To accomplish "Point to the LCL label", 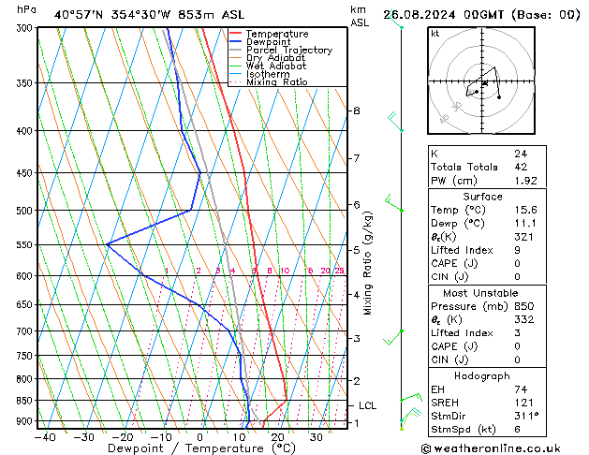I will (367, 405).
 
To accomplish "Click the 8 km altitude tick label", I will (356, 110).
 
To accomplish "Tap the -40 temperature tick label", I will (44, 436).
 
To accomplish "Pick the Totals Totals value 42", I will (521, 167).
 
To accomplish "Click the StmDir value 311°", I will (527, 416).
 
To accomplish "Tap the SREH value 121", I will (523, 402).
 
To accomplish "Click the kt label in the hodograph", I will (434, 33).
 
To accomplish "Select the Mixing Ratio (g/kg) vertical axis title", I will (368, 263).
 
